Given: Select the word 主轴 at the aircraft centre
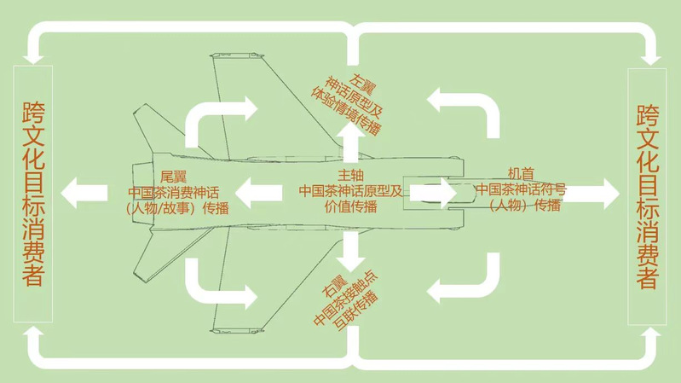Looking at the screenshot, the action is click(350, 176).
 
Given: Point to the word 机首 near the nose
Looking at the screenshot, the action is click(521, 174).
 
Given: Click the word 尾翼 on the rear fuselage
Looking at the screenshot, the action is click(173, 177).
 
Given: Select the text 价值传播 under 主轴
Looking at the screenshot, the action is click(350, 206).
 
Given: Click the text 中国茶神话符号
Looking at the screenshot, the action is click(521, 189).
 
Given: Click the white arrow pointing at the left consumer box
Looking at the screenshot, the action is click(84, 193).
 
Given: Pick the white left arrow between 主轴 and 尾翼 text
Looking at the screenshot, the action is click(259, 193).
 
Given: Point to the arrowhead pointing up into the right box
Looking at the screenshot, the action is click(650, 333).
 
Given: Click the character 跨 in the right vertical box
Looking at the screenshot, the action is click(648, 115).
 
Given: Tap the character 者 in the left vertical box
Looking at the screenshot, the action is click(33, 275).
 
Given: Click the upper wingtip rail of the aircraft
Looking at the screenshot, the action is click(237, 55).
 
